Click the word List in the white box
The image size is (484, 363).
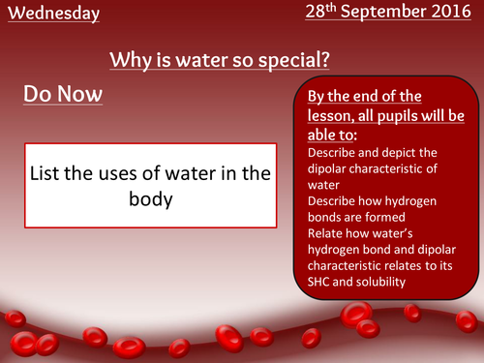47,173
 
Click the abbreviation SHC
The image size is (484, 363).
320,282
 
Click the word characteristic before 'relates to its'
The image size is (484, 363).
351,265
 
